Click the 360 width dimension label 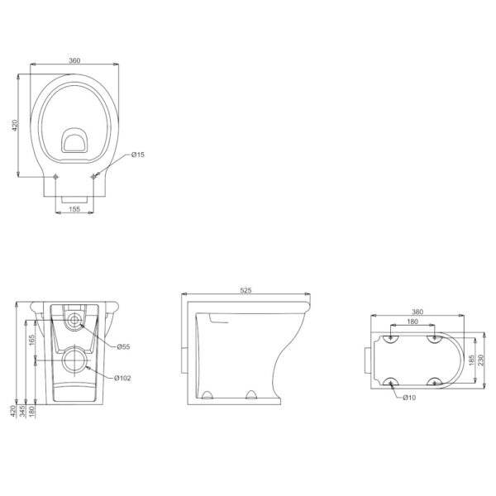(x=74, y=60)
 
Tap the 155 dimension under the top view (x=74, y=209)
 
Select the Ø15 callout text (x=138, y=155)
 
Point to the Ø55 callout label (x=123, y=346)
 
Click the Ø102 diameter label (x=122, y=378)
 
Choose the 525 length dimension (x=246, y=290)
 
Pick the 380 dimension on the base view (x=417, y=312)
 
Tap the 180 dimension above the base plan (x=413, y=322)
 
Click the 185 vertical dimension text (x=471, y=360)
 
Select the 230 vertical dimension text (x=481, y=360)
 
